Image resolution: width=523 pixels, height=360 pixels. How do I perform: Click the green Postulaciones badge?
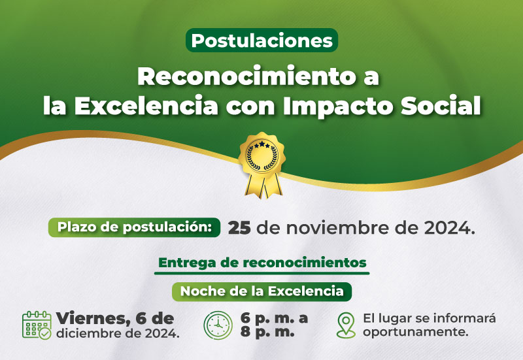262,41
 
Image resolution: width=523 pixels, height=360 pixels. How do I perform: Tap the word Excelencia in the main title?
146,106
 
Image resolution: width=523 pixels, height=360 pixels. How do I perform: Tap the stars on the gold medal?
262,144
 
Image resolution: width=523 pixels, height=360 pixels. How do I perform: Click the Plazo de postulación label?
135,227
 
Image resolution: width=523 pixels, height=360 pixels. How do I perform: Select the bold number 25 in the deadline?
239,228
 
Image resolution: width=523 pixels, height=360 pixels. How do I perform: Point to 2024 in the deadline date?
447,228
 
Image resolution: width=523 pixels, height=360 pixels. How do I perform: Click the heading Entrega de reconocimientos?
262,263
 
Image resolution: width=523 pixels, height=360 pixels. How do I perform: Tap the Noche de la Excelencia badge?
262,291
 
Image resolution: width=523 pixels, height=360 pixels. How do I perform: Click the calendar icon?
37,325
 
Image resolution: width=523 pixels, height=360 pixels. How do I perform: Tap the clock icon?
218,325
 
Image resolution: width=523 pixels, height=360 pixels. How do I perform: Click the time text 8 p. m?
267,333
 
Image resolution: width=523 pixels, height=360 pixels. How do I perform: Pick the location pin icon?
346,325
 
